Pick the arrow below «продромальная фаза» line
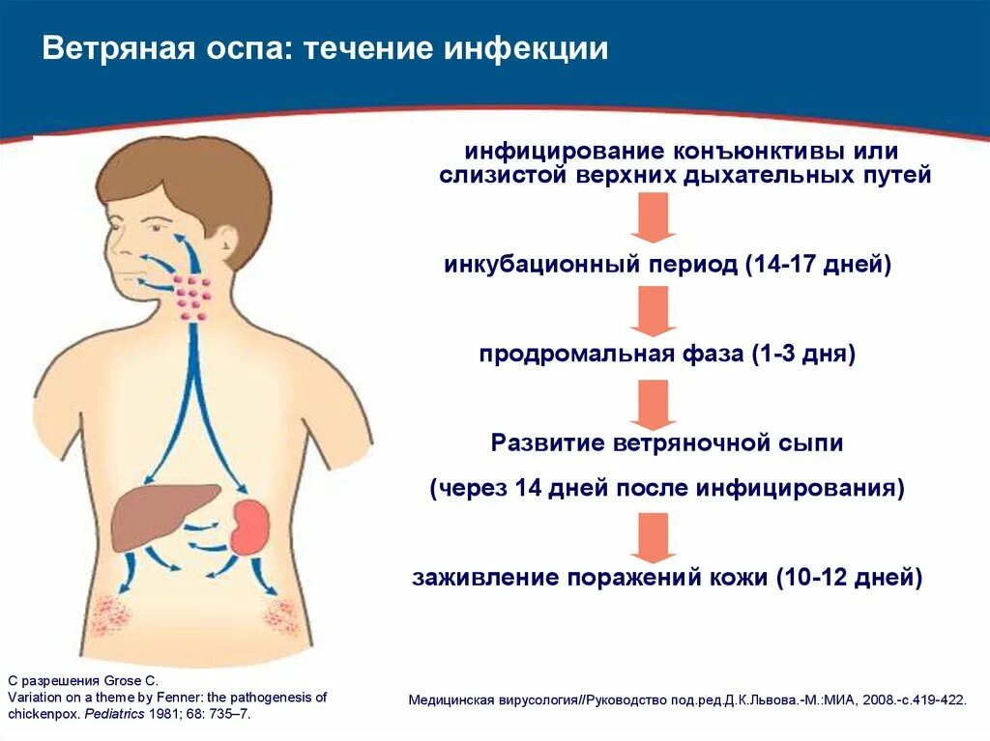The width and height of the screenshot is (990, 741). coord(652,404)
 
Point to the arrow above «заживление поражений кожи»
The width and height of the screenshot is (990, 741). coord(652,537)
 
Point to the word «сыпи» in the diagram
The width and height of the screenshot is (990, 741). coord(811,443)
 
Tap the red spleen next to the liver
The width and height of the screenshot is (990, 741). coord(251,526)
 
